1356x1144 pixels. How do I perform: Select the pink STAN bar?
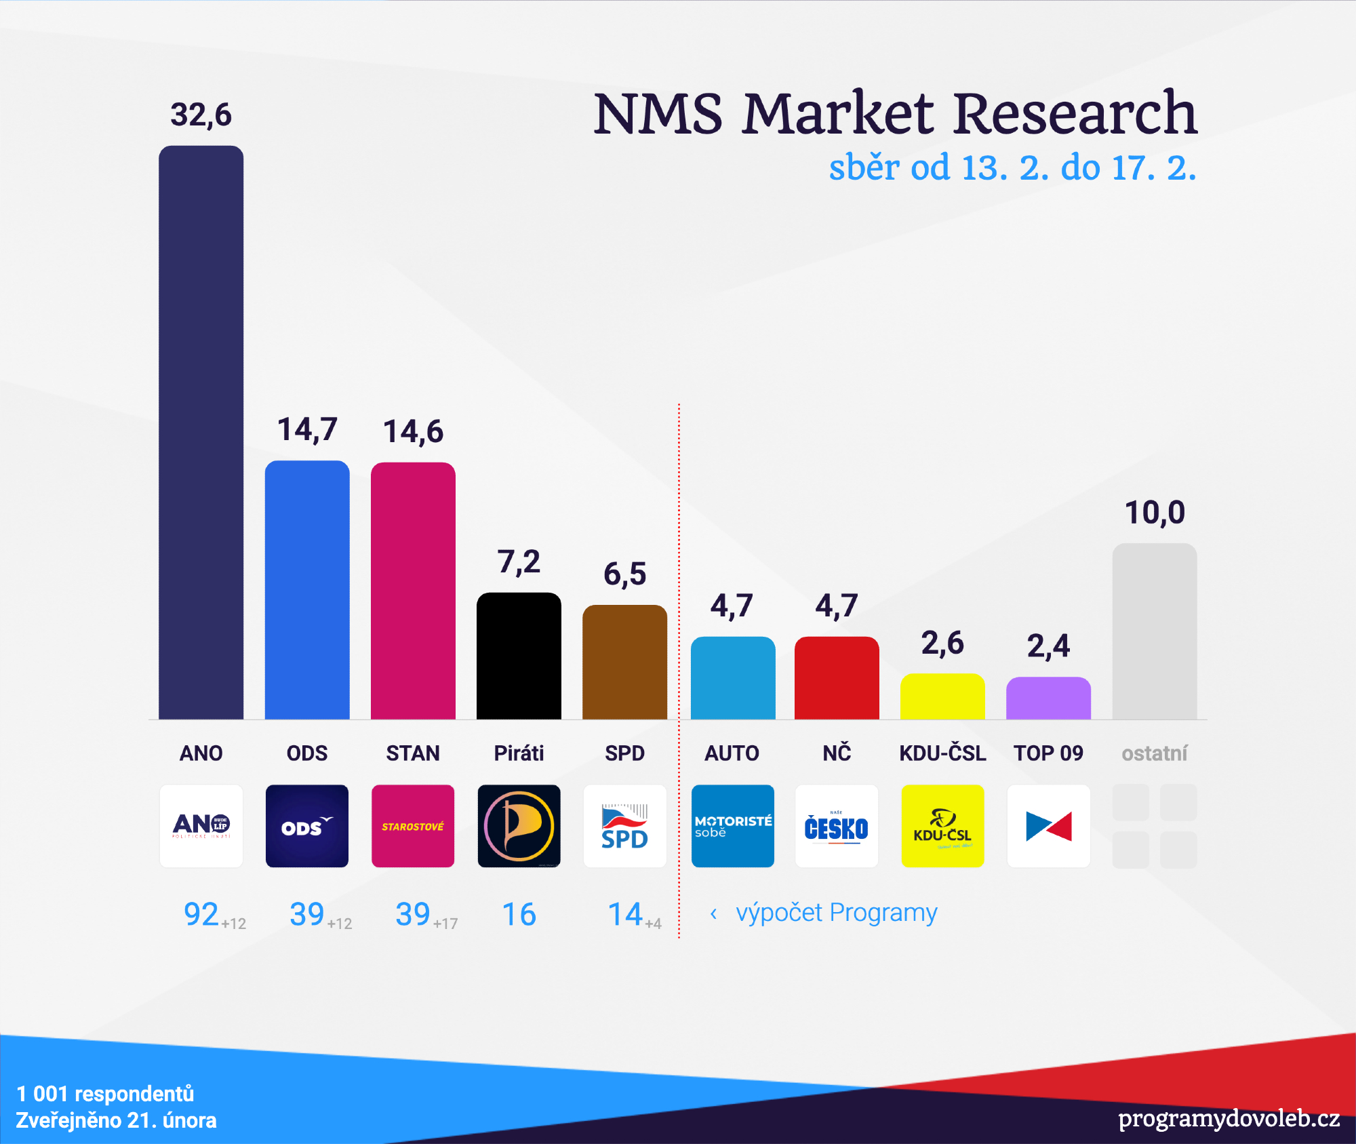pyautogui.click(x=413, y=590)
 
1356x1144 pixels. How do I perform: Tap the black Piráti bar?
pyautogui.click(x=519, y=656)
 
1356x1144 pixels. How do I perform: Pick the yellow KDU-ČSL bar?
pyautogui.click(x=942, y=696)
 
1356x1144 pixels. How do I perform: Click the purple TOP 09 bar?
pyautogui.click(x=1048, y=698)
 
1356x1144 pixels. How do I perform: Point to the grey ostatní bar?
pyautogui.click(x=1154, y=631)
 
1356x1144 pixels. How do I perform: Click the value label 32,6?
pyautogui.click(x=201, y=115)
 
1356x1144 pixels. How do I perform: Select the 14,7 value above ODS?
pyautogui.click(x=307, y=430)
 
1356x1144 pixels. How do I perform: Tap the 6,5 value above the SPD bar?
pyautogui.click(x=624, y=574)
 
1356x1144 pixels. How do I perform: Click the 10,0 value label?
pyautogui.click(x=1155, y=513)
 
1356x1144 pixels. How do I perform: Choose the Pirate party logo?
pyautogui.click(x=519, y=826)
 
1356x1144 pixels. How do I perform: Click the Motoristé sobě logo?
pyautogui.click(x=732, y=826)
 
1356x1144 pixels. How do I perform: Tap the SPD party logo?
pyautogui.click(x=624, y=826)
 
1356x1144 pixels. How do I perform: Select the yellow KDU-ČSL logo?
pyautogui.click(x=942, y=826)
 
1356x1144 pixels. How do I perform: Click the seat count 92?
pyautogui.click(x=201, y=914)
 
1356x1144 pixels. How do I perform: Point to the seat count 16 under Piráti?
pyautogui.click(x=519, y=914)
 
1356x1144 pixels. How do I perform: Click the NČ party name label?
pyautogui.click(x=837, y=753)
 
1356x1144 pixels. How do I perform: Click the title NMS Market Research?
pyautogui.click(x=895, y=113)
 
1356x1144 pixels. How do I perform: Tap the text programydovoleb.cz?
pyautogui.click(x=1229, y=1118)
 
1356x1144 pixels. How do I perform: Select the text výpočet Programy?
pyautogui.click(x=836, y=913)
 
